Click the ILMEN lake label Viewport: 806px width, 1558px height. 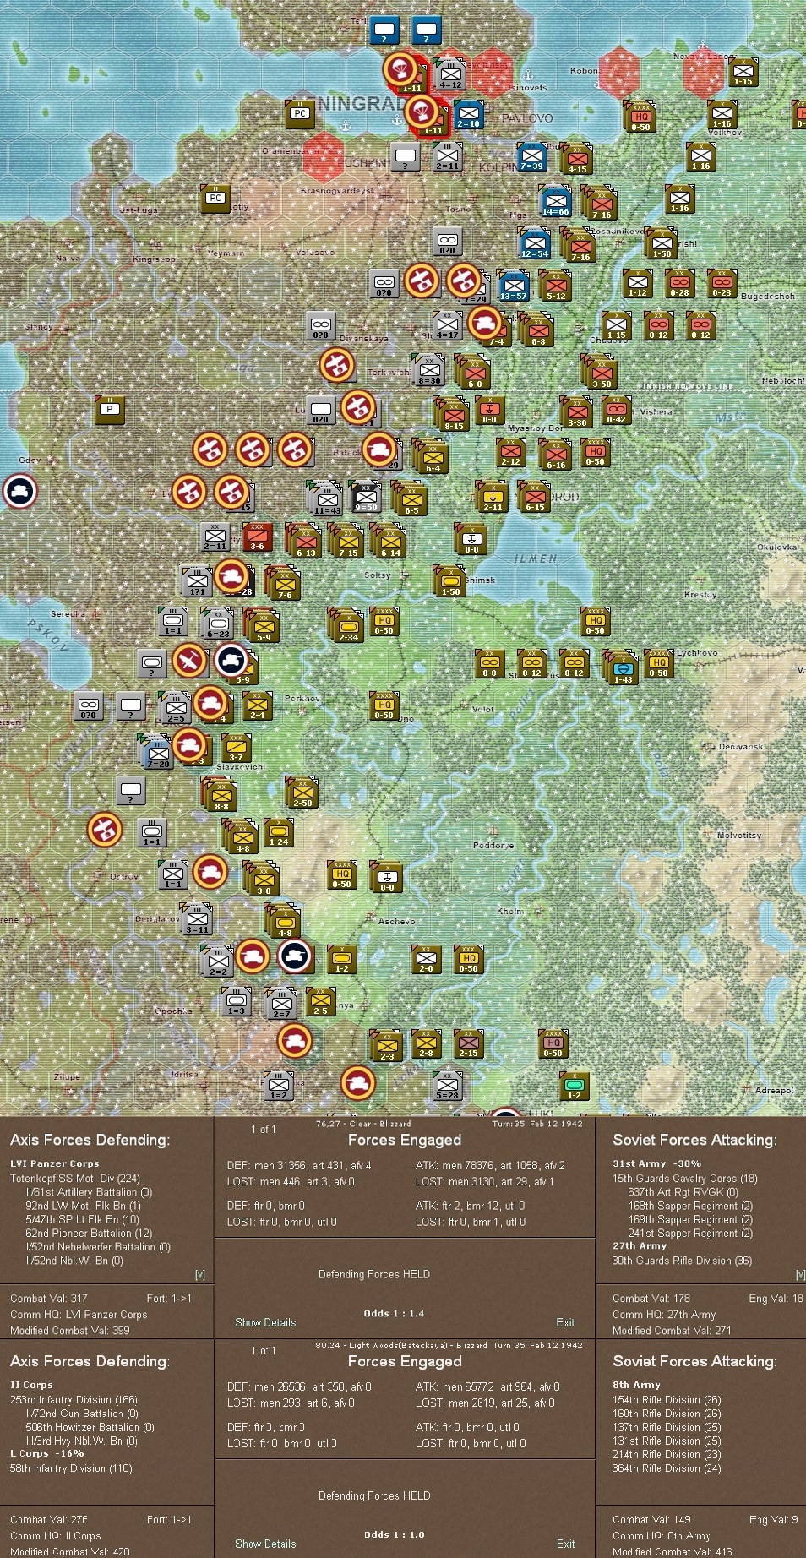pos(536,559)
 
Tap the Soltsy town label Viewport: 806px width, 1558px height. pos(377,575)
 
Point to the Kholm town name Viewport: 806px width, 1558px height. pos(510,912)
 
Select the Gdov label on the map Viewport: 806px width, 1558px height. pos(29,460)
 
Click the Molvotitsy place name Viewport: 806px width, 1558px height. pos(738,836)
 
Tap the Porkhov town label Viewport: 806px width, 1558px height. pos(302,699)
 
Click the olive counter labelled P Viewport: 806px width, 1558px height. pos(110,410)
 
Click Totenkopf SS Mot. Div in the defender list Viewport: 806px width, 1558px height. pos(74,1179)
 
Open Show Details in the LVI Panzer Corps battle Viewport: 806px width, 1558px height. pos(265,1323)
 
